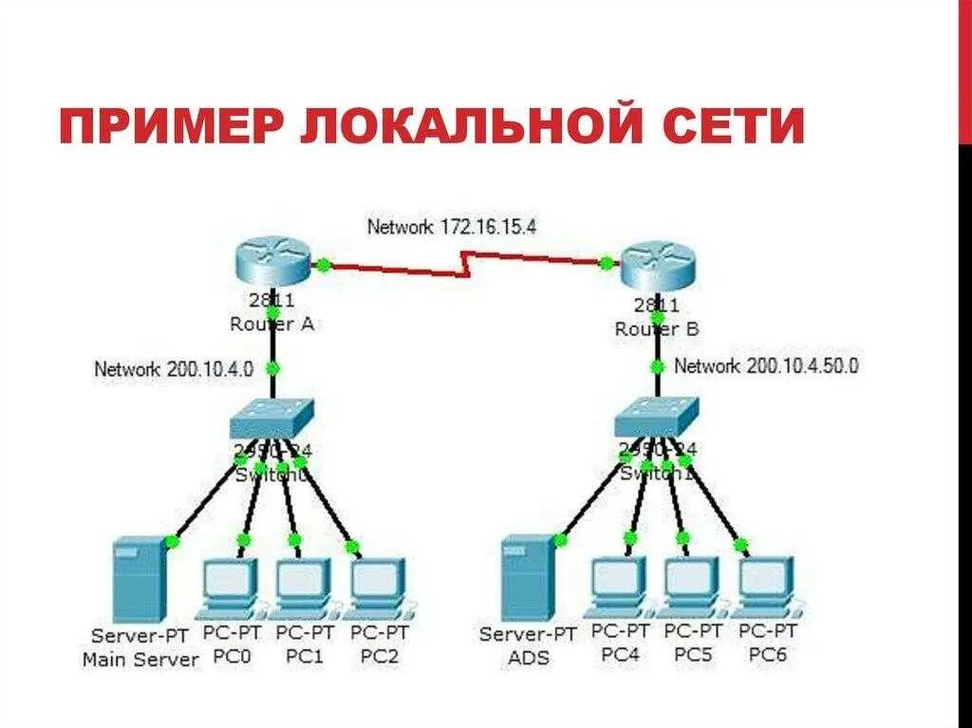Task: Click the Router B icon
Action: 657,266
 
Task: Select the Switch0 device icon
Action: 271,415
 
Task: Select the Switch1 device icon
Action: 656,414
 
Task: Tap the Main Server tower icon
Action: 139,579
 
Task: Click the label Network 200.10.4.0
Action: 174,369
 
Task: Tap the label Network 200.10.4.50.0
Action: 766,365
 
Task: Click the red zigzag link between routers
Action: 465,264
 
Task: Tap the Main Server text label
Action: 140,659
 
